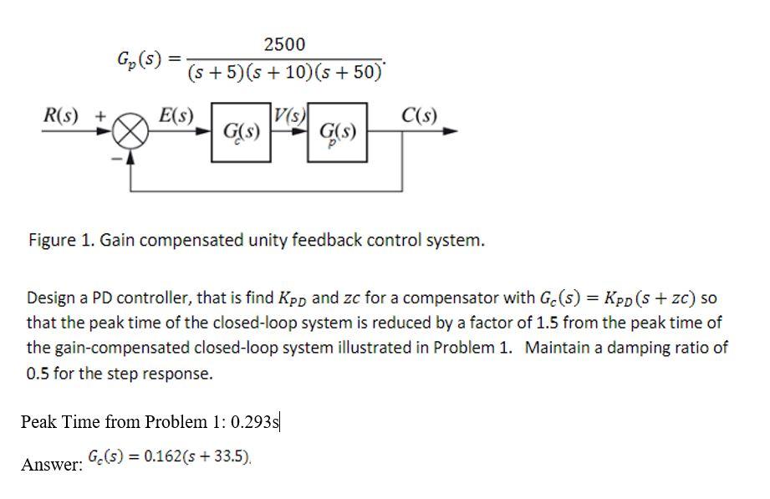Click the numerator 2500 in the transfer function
click(284, 43)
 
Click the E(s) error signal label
click(176, 115)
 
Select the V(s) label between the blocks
click(292, 115)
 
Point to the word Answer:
click(51, 465)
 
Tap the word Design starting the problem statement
click(51, 298)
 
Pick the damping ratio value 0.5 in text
click(38, 374)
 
